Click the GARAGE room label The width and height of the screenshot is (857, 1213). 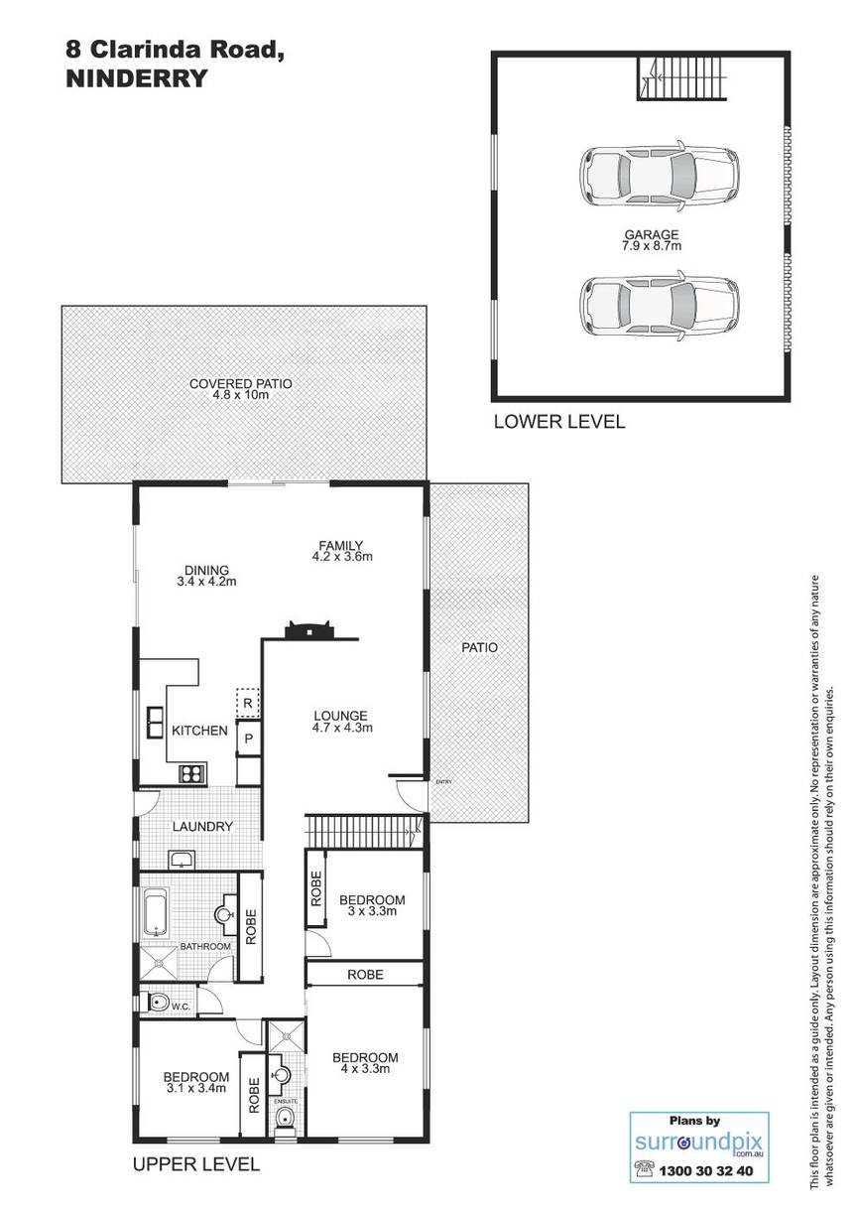click(x=651, y=234)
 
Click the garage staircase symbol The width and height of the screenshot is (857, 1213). click(x=681, y=78)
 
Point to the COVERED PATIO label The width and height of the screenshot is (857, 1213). click(x=241, y=383)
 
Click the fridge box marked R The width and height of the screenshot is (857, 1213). click(x=248, y=703)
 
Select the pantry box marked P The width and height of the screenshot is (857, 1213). click(x=249, y=738)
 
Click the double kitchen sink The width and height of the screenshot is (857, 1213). click(x=156, y=723)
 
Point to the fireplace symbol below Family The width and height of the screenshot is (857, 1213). click(x=309, y=630)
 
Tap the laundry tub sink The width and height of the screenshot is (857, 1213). click(x=182, y=859)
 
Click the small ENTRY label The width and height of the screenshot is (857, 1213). click(x=443, y=782)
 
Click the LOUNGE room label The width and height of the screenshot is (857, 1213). click(x=340, y=716)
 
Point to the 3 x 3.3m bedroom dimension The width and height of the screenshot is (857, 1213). click(x=372, y=911)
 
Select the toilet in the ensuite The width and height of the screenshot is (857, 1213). click(x=285, y=1116)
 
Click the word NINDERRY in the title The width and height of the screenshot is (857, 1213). click(x=136, y=79)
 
